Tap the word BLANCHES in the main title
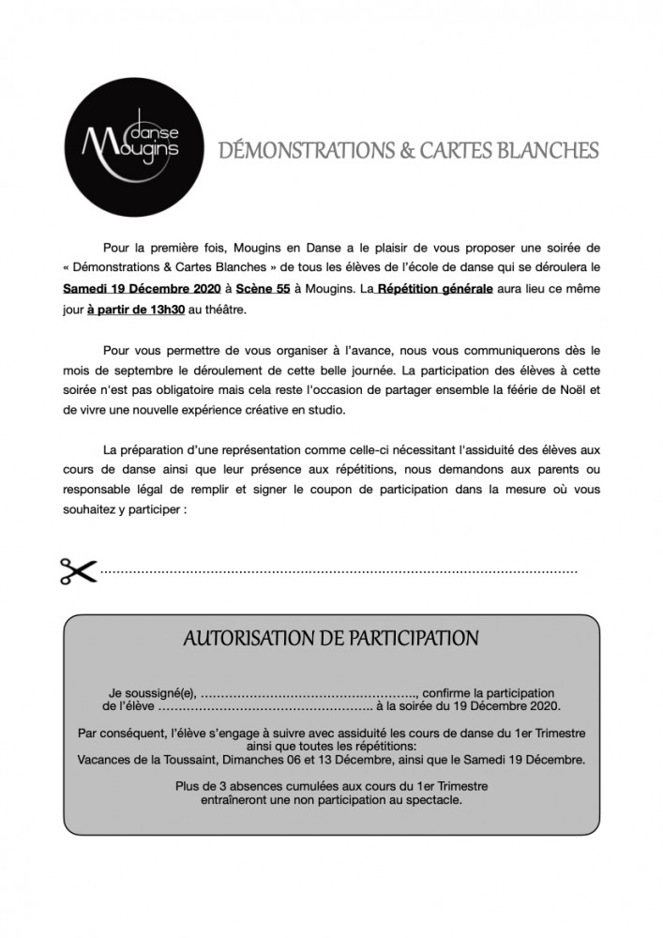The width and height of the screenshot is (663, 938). [x=546, y=151]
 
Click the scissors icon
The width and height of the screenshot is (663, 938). [x=79, y=569]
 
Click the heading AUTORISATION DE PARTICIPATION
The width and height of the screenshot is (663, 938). [x=331, y=639]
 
